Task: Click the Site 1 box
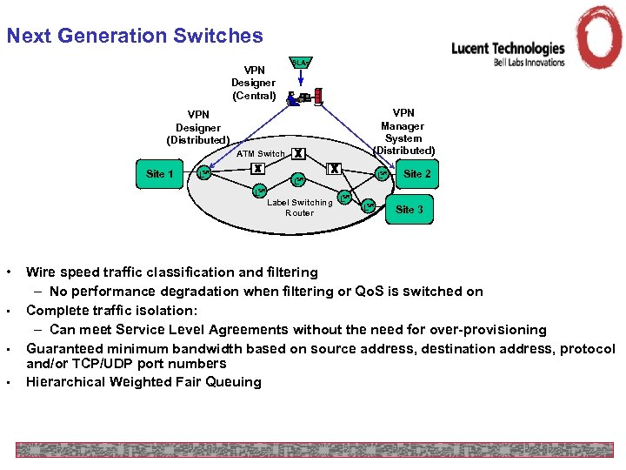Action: coord(160,174)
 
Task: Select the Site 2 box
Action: coord(416,174)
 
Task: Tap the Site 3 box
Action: coord(410,209)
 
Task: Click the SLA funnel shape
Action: coord(299,64)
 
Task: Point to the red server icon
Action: coord(318,95)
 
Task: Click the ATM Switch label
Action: coord(260,154)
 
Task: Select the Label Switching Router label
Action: coord(299,207)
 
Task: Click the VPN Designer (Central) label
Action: coord(254,83)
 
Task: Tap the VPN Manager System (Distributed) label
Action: coord(403,131)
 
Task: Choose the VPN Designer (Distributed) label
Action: coord(198,127)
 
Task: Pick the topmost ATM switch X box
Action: coord(298,153)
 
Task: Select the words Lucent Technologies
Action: coord(508,49)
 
